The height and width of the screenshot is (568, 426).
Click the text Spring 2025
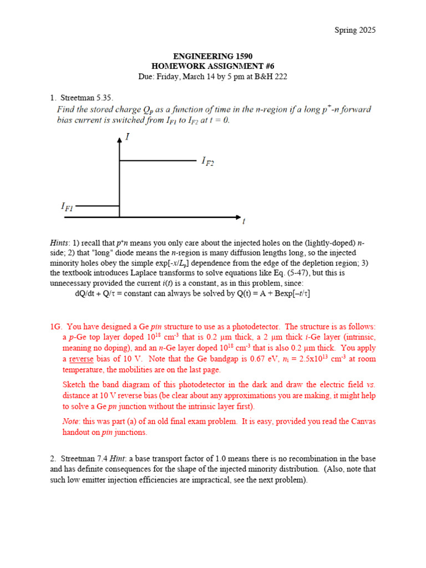pyautogui.click(x=354, y=30)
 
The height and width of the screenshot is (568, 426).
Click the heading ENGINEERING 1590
pyautogui.click(x=213, y=57)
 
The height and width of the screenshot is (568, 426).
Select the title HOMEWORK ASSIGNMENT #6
pyautogui.click(x=213, y=67)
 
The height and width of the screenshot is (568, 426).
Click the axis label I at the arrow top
pyautogui.click(x=128, y=136)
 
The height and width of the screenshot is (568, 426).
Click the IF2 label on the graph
pyautogui.click(x=208, y=161)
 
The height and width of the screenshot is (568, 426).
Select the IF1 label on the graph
pyautogui.click(x=67, y=206)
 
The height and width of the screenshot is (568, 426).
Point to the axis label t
pyautogui.click(x=244, y=221)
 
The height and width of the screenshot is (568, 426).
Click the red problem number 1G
pyautogui.click(x=56, y=327)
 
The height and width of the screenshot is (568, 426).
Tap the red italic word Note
pyautogui.click(x=71, y=422)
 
